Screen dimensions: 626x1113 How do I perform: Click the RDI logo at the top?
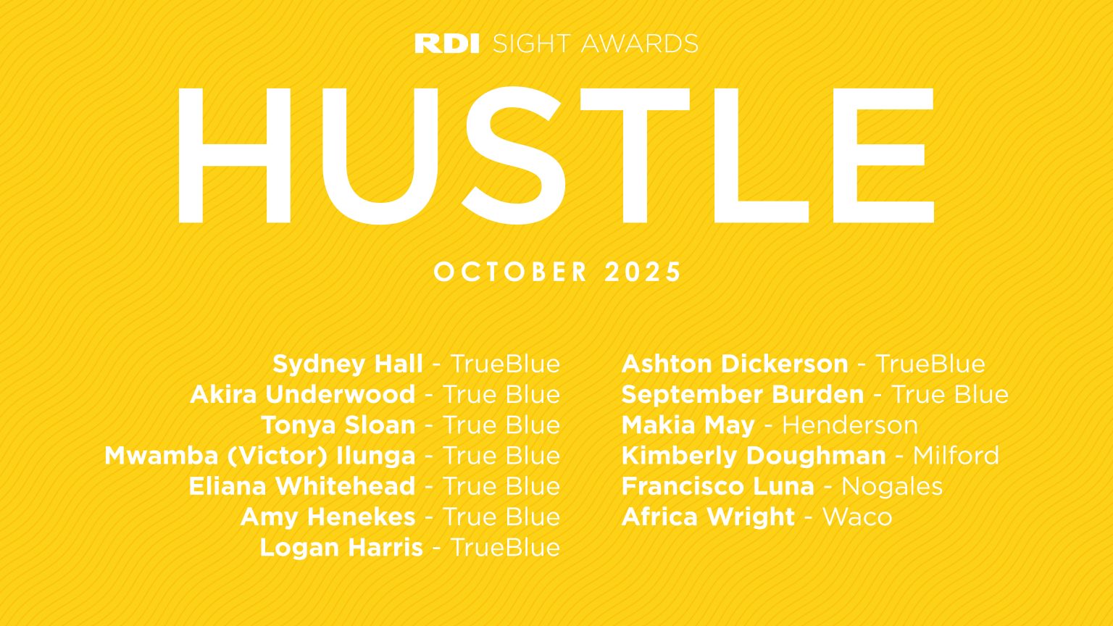tap(446, 43)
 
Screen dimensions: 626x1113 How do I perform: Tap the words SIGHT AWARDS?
tap(595, 43)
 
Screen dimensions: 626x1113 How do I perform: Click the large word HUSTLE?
tap(556, 155)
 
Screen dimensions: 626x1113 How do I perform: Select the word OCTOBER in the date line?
tap(511, 272)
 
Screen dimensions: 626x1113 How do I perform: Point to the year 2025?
tap(643, 272)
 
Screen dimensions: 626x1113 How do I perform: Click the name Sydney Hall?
tap(348, 364)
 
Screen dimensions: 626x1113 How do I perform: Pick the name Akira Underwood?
tap(302, 394)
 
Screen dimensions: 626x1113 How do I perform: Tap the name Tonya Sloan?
tap(338, 425)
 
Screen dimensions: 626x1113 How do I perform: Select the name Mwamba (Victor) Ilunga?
tap(259, 456)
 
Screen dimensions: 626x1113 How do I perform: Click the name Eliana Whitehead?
tap(301, 486)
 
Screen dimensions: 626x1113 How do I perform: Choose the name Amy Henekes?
tap(328, 517)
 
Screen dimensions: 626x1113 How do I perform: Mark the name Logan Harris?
tap(341, 547)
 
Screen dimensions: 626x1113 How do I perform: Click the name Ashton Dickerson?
tap(735, 364)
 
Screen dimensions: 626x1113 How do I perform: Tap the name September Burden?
tap(743, 394)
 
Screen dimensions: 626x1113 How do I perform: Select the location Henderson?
tap(850, 425)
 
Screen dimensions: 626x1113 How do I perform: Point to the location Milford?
tap(956, 456)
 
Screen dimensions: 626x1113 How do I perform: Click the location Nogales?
tap(892, 486)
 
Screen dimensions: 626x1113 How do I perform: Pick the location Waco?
tap(857, 517)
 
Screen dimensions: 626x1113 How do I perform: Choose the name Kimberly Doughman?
tap(754, 456)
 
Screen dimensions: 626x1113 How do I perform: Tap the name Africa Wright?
tap(708, 517)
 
